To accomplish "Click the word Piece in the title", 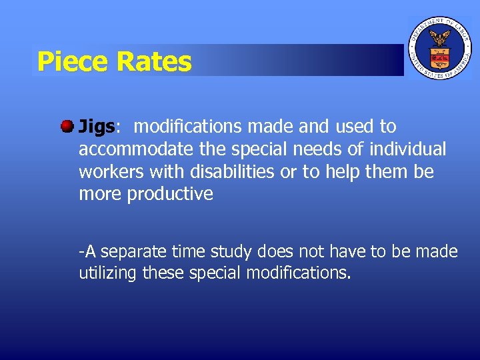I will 72,62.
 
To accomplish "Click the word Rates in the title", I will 153,62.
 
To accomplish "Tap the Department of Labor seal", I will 439,48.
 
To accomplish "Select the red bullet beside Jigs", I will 67,125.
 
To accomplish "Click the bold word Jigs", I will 97,127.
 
